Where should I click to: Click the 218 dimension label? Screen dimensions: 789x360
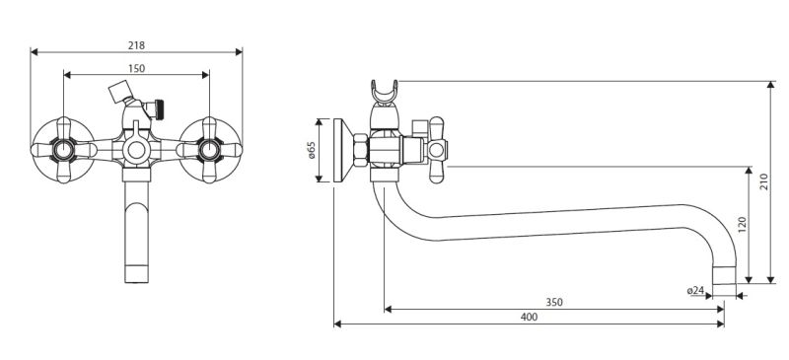(136, 45)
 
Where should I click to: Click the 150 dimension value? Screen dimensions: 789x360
(136, 68)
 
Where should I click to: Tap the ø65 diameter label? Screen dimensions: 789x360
(311, 150)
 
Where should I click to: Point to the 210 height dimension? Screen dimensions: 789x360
(764, 181)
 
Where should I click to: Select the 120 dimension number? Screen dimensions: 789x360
(743, 225)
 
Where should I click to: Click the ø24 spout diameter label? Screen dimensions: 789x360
(695, 291)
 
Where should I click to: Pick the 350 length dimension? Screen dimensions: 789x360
(554, 303)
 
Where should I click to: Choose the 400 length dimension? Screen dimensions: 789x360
(529, 318)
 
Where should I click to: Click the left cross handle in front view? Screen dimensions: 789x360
(63, 150)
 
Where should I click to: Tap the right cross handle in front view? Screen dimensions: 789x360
(209, 150)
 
